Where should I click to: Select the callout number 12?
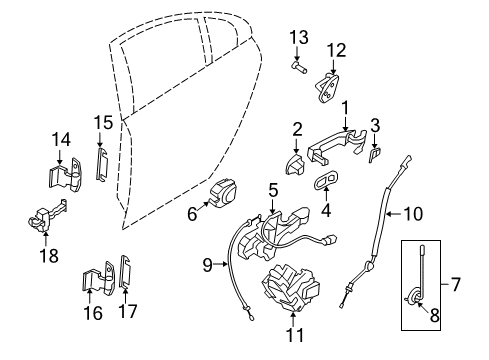pos(335,49)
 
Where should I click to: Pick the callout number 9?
pos(208,265)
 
